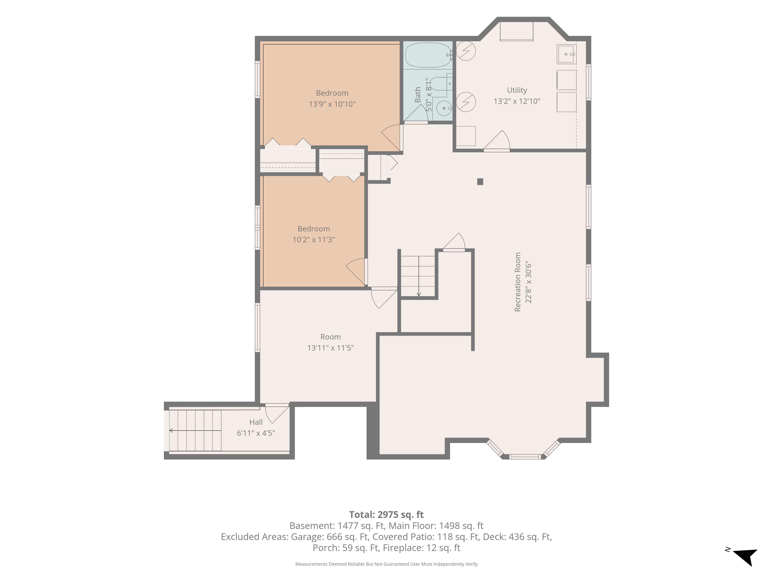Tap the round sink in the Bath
pyautogui.click(x=444, y=108)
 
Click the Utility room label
pyautogui.click(x=517, y=90)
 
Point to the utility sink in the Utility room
pyautogui.click(x=566, y=54)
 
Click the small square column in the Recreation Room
pyautogui.click(x=480, y=182)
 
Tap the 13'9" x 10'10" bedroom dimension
pyautogui.click(x=332, y=104)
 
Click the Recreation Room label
pyautogui.click(x=518, y=282)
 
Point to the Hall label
pyautogui.click(x=256, y=422)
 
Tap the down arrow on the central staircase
pyautogui.click(x=419, y=276)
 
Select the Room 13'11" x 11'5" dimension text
pyautogui.click(x=331, y=348)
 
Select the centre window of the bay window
pyautogui.click(x=525, y=457)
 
